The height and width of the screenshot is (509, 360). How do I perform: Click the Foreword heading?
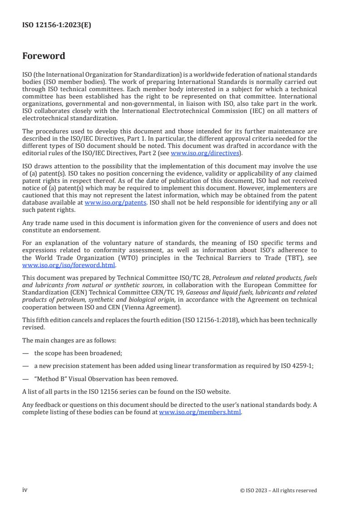[44, 56]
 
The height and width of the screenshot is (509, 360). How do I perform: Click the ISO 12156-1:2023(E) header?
[57, 25]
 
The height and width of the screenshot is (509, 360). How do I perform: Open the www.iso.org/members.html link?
[200, 412]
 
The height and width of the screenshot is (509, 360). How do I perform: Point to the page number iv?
[25, 490]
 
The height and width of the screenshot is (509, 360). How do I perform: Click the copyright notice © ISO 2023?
[278, 490]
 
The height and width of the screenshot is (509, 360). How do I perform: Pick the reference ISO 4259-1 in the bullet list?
[297, 366]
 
